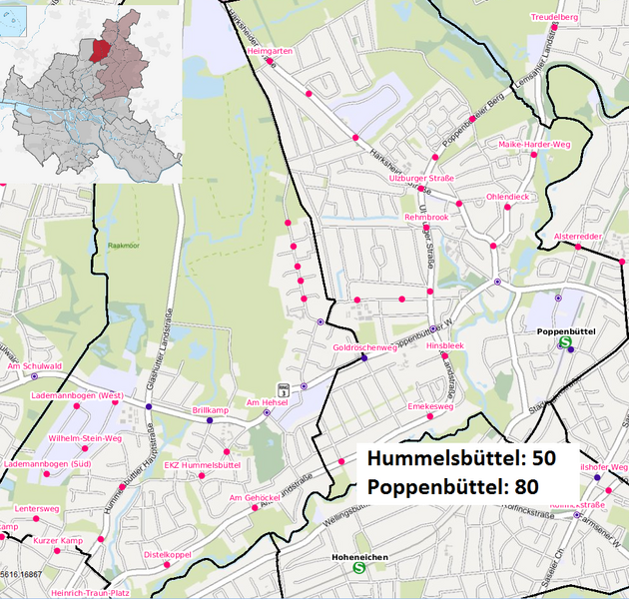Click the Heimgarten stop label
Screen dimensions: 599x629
[x=268, y=50]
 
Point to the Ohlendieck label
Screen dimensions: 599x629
[x=507, y=197]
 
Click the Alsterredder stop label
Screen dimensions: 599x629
[x=577, y=237]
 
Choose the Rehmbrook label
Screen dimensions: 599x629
[x=426, y=217]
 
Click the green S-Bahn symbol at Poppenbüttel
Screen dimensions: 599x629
[x=565, y=341]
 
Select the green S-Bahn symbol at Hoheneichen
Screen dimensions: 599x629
[x=358, y=568]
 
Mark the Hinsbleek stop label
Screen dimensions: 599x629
[x=445, y=345]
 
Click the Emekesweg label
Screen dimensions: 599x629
[x=431, y=407]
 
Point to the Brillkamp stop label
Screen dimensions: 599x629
[x=210, y=410]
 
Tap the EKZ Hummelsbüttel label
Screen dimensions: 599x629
[x=202, y=465]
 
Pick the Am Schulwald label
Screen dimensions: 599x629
[x=34, y=366]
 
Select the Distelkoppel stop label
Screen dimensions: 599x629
[x=167, y=554]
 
